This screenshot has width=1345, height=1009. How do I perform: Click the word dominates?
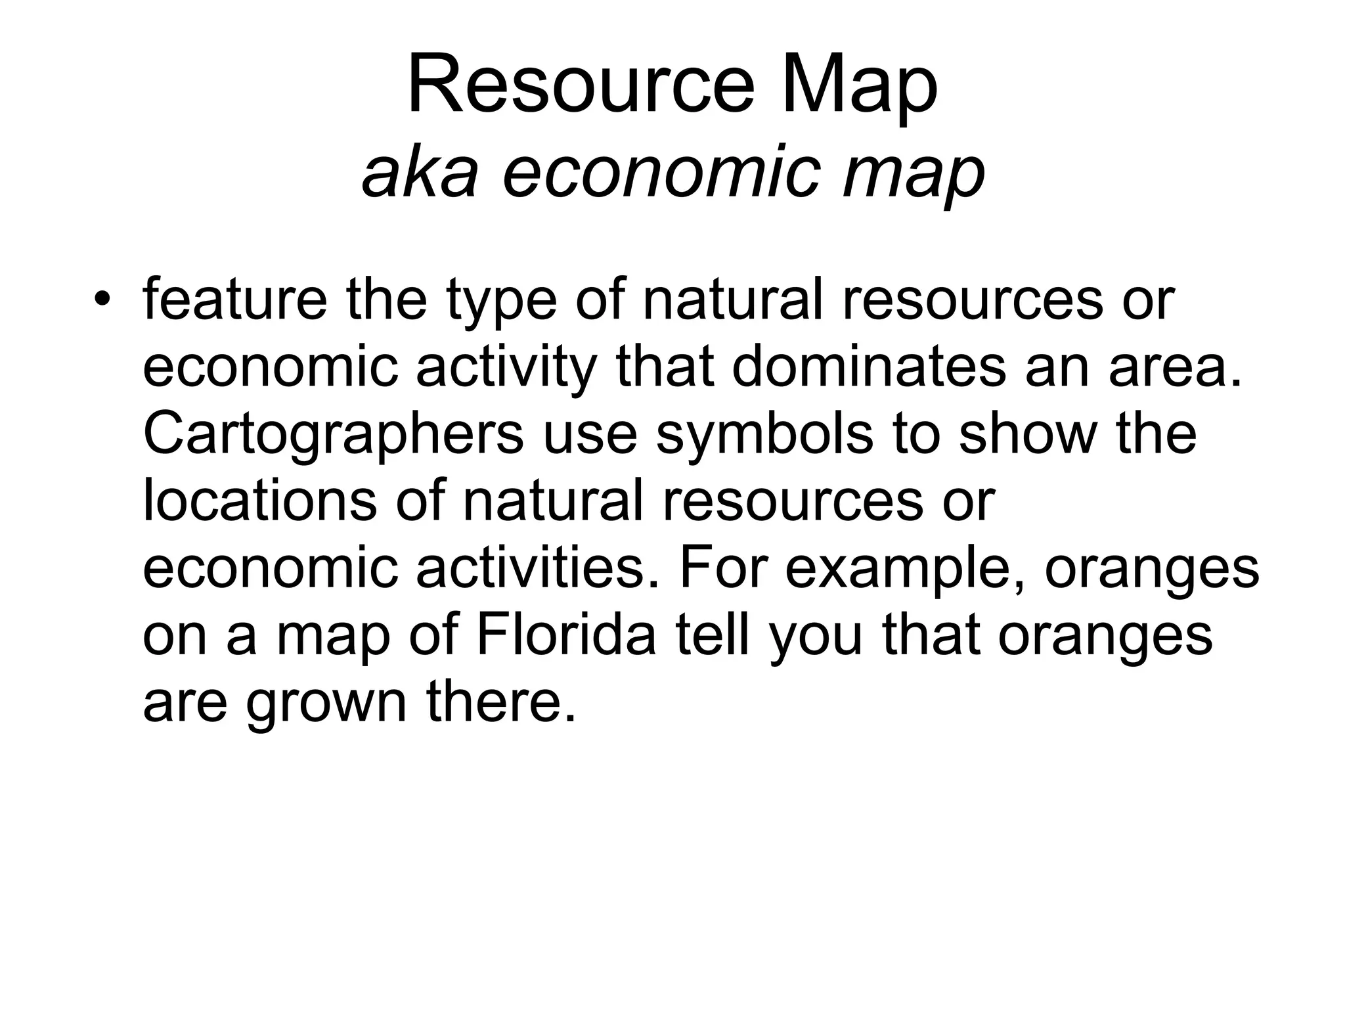point(868,367)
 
